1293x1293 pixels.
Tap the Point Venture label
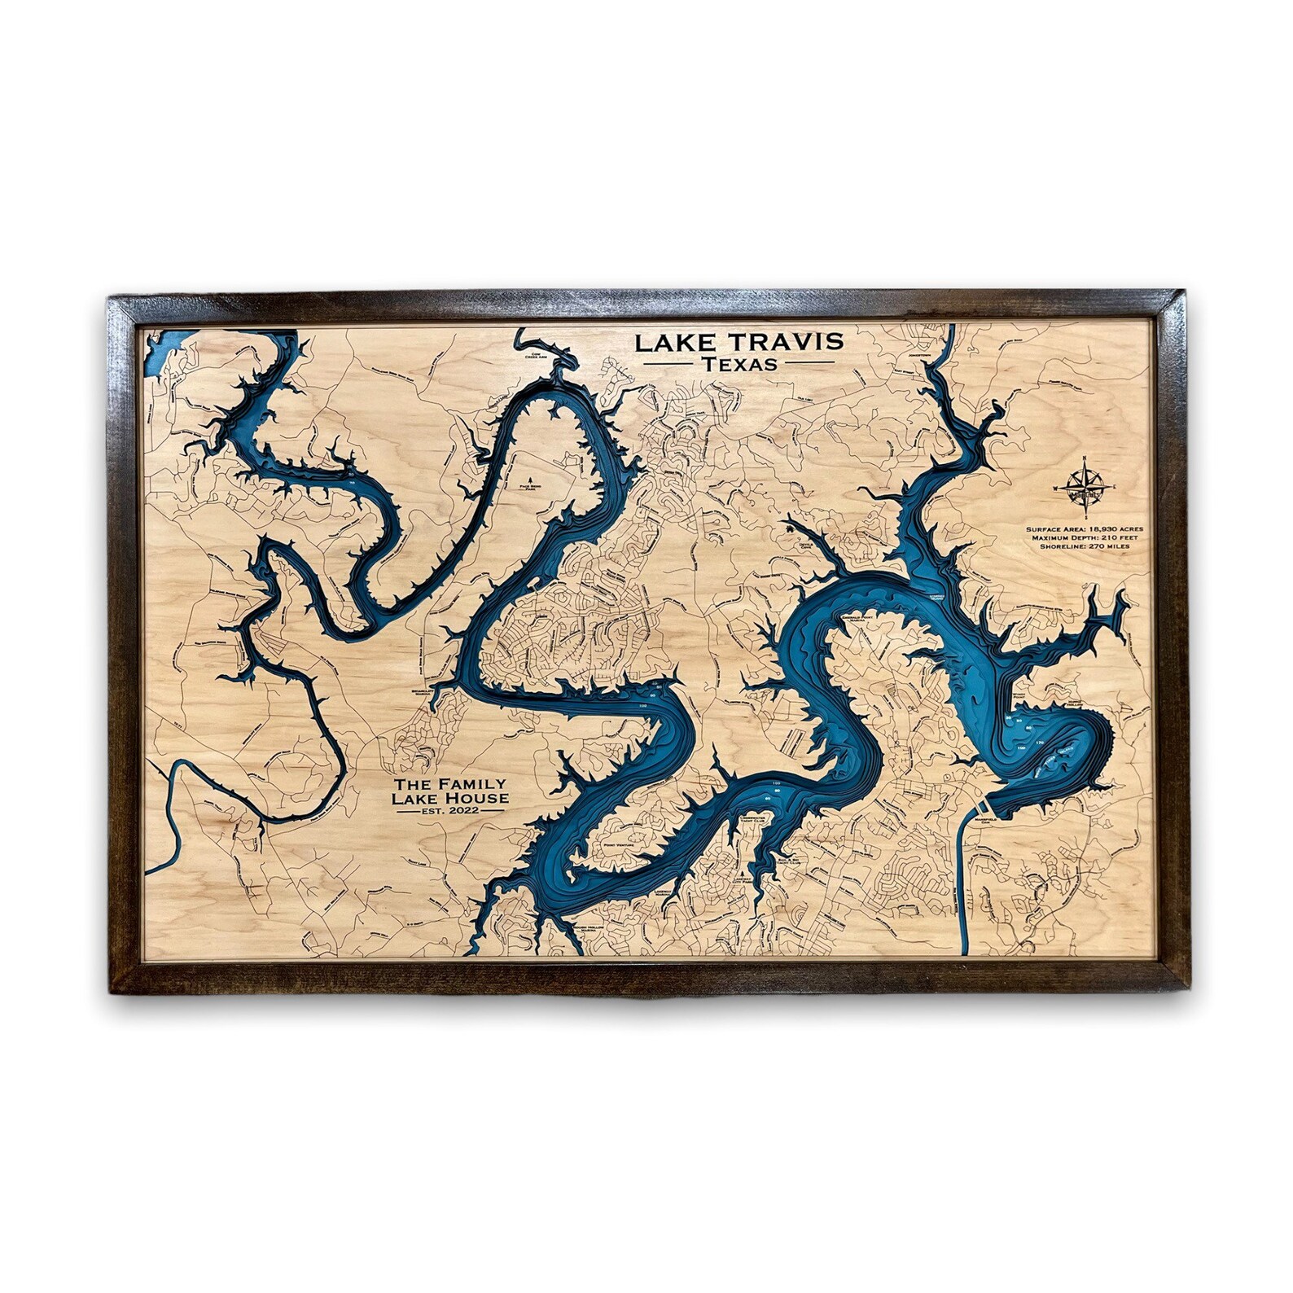pos(619,845)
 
